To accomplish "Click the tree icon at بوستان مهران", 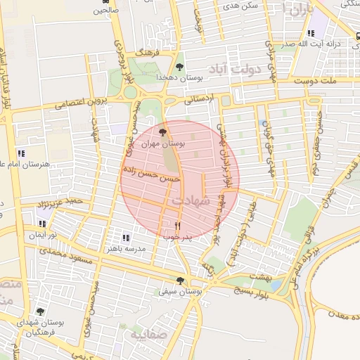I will [163, 131].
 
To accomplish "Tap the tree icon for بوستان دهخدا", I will [180, 67].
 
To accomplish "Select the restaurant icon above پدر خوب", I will [177, 226].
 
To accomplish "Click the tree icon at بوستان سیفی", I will [180, 280].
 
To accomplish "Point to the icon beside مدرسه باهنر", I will [127, 238].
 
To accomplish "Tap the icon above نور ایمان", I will [43, 224].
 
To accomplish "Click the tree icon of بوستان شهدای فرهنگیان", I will [39, 311].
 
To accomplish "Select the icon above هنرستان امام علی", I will [22, 153].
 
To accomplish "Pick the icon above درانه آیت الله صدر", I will [310, 33].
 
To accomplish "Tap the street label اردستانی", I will [198, 101].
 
